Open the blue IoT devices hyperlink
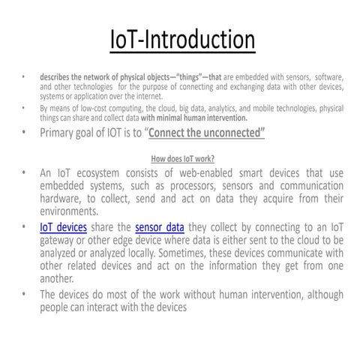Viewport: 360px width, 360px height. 64,227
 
